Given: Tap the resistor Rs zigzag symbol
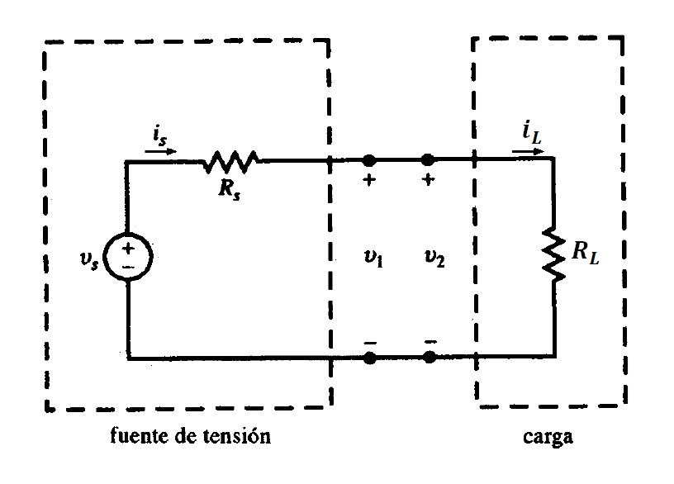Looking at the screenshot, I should [231, 159].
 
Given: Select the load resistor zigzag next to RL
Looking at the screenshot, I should [553, 255].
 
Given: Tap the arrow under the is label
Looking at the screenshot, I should [159, 151].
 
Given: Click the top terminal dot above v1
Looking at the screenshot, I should [369, 159].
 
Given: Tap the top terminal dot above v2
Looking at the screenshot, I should [428, 159].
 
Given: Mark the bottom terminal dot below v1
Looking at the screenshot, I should [369, 358].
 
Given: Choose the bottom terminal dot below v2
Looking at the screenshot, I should [429, 358].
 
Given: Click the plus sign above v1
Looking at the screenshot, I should [369, 181].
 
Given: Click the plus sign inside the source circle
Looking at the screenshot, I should [130, 247].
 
